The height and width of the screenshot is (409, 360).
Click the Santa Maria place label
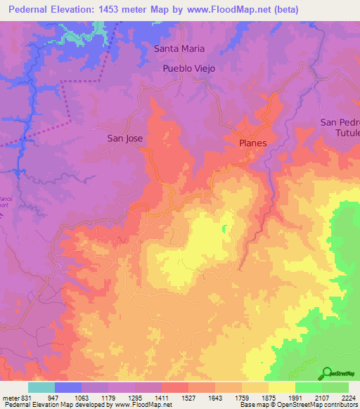pos(179,48)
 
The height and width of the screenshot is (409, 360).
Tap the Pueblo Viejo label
pos(188,69)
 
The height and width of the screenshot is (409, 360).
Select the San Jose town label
pos(124,138)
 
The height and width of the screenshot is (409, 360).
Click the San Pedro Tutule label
pos(340,127)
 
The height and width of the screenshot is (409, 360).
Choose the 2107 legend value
pos(322,396)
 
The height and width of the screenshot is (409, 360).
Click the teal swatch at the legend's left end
pos(41,387)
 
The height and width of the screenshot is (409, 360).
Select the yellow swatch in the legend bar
pos(282,387)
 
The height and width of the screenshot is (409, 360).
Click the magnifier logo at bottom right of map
pos(327,372)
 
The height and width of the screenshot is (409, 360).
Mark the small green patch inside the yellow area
pos(225,228)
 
